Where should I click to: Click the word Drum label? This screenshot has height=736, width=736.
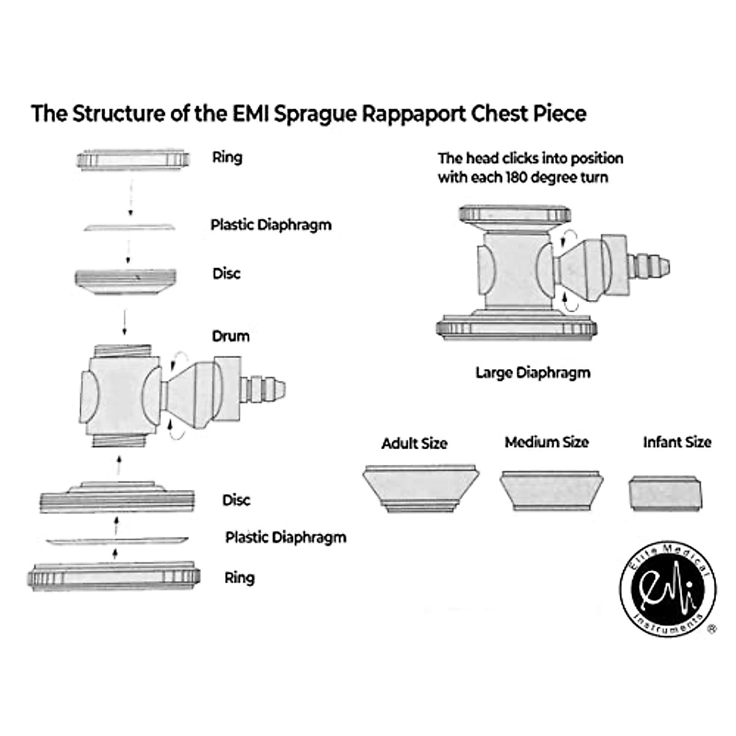tap(231, 336)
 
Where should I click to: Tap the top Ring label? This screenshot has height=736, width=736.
tap(227, 157)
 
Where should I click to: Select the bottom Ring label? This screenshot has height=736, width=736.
tap(239, 578)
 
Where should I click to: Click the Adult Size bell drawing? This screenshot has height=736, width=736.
tap(421, 488)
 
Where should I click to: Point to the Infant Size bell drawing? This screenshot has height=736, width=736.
tap(665, 494)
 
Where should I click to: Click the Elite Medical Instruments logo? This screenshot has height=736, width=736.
tap(667, 590)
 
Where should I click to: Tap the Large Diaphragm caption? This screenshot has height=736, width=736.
tap(532, 373)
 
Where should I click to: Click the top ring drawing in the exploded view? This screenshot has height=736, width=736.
tap(132, 161)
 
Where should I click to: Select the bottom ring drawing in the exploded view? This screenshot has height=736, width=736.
tap(115, 577)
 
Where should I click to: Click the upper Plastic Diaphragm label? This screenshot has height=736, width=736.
tap(271, 224)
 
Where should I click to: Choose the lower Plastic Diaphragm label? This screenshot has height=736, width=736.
tap(286, 538)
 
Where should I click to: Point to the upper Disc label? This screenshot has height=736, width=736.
tap(226, 274)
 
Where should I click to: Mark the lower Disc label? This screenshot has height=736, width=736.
tap(236, 500)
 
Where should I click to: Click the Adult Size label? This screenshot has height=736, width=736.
tap(415, 443)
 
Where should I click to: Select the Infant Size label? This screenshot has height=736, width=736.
tap(677, 442)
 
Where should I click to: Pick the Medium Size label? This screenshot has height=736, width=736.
tap(546, 442)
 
